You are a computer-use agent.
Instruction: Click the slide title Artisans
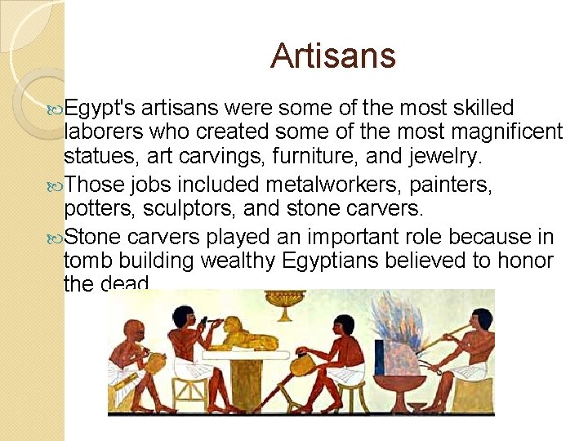pos(332,56)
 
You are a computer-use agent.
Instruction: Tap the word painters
pos(451,185)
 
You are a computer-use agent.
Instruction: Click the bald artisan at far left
pos(131,359)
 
